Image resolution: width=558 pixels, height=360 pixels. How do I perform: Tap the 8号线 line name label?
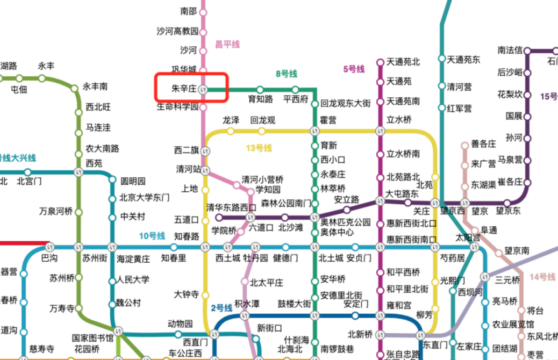[286, 74]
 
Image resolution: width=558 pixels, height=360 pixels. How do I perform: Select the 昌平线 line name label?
[227, 45]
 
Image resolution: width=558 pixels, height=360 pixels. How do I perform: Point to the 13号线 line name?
[259, 148]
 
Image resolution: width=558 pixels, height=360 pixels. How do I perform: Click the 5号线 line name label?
[354, 69]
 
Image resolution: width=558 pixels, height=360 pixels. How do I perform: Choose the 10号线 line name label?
[152, 235]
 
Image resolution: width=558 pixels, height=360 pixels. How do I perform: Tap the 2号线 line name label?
[221, 308]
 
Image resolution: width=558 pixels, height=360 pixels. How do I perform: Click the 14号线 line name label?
[542, 277]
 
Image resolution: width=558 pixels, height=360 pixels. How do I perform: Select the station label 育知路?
[260, 99]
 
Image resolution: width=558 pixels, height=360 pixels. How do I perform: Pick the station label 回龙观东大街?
[345, 103]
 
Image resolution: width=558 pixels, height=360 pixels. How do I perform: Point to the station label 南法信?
[510, 51]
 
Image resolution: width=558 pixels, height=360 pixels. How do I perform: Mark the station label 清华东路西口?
[232, 207]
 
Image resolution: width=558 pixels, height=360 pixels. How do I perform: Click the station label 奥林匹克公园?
[346, 222]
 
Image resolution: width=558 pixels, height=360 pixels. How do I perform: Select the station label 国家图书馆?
[93, 339]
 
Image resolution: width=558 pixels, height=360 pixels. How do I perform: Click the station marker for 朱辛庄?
[203, 89]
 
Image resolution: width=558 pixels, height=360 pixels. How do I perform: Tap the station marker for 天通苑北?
[381, 62]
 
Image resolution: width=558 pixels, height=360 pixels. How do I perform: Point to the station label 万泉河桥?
[56, 211]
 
